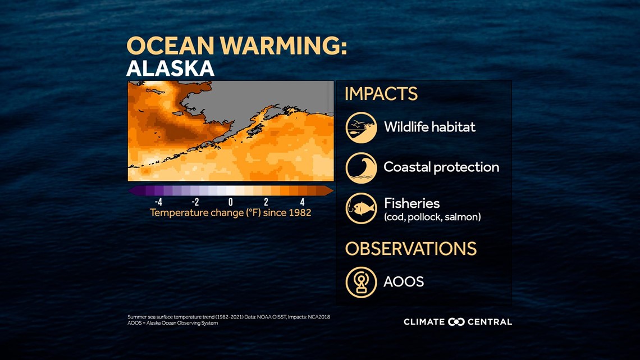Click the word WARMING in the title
281,45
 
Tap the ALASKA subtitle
171,69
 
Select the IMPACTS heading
381,94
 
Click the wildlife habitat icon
361,127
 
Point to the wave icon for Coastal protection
361,168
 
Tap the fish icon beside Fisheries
361,208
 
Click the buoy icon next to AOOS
361,282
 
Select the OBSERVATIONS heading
410,249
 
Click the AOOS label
404,281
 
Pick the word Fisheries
412,203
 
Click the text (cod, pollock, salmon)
432,217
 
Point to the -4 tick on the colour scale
158,202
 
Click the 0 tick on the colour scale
231,202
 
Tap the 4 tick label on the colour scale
302,202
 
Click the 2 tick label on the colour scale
266,202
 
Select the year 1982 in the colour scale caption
299,213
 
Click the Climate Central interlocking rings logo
456,322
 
